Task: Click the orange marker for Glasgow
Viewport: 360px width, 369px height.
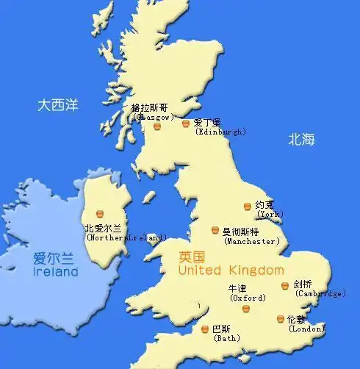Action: click(157, 126)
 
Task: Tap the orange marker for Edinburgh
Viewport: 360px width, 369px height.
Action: click(187, 123)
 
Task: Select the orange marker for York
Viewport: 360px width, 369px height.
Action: click(248, 207)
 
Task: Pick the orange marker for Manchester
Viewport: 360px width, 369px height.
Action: click(215, 230)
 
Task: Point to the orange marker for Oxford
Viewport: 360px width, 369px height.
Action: click(246, 309)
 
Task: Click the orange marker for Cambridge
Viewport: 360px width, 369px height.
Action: click(285, 285)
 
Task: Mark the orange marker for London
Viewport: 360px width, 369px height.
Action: click(280, 318)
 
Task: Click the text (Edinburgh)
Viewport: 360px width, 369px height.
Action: click(220, 132)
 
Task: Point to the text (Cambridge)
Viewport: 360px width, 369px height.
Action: click(320, 293)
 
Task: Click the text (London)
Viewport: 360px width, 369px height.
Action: click(306, 329)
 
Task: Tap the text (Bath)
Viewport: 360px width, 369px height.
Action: click(225, 339)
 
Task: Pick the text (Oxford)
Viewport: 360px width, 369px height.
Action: click(248, 298)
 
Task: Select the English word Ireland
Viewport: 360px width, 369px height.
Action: click(56, 272)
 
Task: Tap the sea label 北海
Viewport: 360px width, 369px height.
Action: click(301, 138)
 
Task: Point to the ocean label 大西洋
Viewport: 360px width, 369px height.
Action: click(58, 105)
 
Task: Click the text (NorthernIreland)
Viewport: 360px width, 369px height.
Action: click(126, 237)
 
